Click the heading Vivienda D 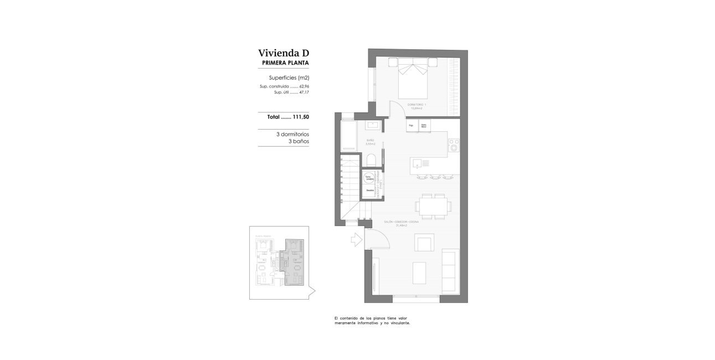tap(283, 53)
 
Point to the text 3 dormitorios tap(292, 134)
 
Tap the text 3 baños tap(299, 142)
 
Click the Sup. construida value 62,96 tap(304, 87)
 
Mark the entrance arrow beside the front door tap(356, 239)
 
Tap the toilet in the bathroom tap(372, 160)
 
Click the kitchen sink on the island tap(418, 163)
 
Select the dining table tap(434, 208)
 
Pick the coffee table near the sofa tap(419, 274)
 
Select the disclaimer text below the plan tap(372, 320)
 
